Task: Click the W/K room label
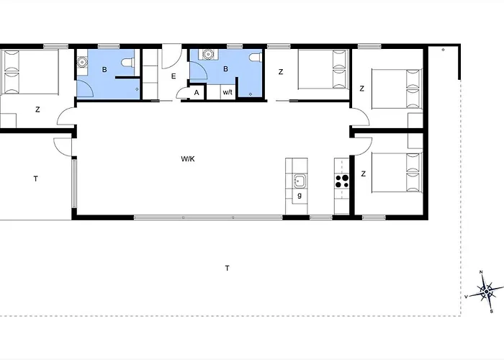point(188,159)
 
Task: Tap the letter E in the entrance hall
point(174,76)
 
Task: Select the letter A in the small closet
point(197,93)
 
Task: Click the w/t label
point(228,92)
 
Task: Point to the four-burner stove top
point(342,181)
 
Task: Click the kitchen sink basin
point(300,181)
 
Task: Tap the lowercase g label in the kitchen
point(300,195)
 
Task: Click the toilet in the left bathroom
point(129,63)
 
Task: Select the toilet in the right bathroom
point(256,57)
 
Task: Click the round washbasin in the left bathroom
point(83,60)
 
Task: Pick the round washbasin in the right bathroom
point(208,54)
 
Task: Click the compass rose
point(486,292)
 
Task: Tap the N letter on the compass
point(481,272)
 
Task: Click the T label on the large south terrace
point(228,268)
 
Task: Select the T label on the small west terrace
point(36,179)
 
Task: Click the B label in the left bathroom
point(104,69)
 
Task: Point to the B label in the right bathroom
point(225,69)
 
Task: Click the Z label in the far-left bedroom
point(37,109)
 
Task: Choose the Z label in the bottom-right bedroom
point(364,174)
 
